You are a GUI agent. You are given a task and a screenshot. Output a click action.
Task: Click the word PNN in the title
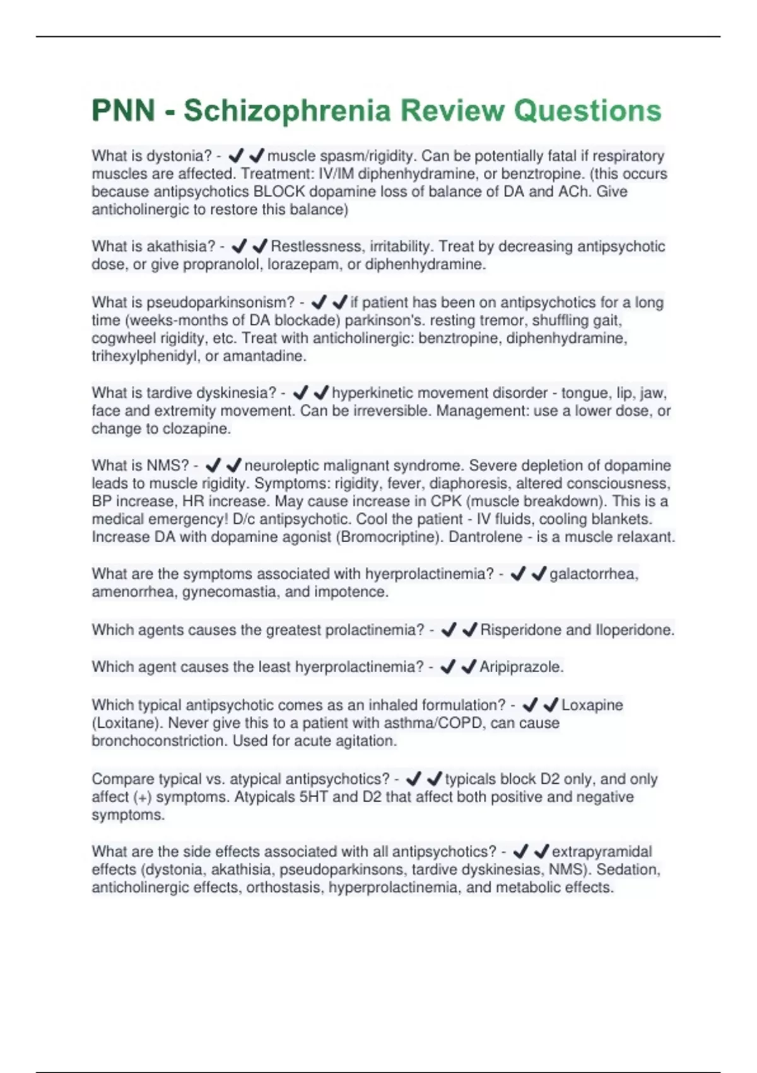click(x=124, y=111)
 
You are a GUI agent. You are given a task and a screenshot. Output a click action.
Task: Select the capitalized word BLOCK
click(x=279, y=192)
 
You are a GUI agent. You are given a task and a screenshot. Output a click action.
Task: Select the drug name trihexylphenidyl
click(x=146, y=356)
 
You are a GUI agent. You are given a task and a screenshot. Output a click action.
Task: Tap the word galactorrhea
click(x=594, y=574)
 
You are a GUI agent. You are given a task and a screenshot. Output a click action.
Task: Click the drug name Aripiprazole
click(x=521, y=667)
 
